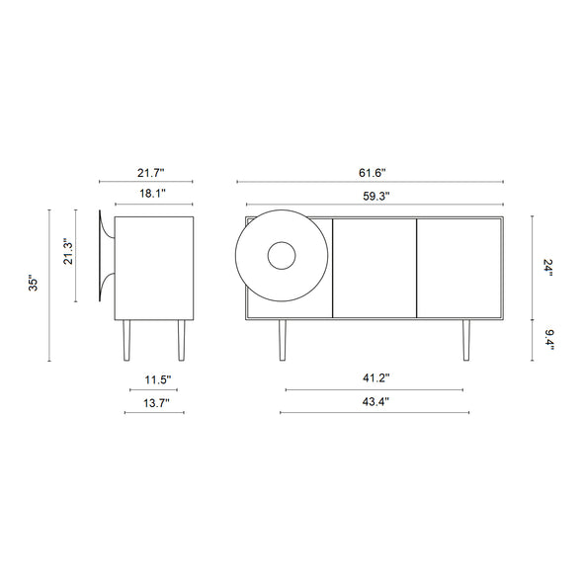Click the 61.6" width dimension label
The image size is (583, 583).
click(x=373, y=173)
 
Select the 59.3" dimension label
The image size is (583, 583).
click(x=376, y=197)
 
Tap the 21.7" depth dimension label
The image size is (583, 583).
click(x=151, y=173)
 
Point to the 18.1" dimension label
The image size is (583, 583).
click(x=152, y=194)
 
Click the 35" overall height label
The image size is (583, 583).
click(x=34, y=284)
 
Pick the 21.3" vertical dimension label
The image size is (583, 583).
click(x=68, y=251)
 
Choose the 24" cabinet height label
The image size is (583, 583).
click(x=548, y=268)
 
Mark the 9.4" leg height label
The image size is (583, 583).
click(x=549, y=340)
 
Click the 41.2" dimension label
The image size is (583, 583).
click(x=376, y=378)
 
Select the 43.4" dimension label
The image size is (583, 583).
click(x=375, y=401)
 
